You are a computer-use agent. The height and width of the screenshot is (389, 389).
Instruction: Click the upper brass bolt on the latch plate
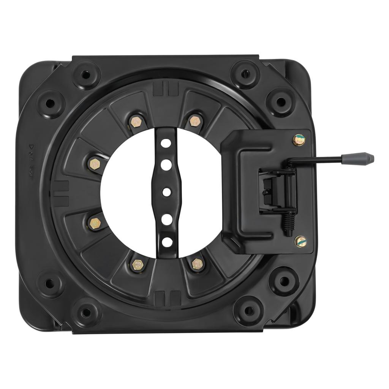point(298,140)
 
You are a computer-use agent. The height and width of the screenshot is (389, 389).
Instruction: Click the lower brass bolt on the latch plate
point(300,240)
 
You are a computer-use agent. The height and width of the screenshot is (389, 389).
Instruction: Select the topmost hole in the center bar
point(166,144)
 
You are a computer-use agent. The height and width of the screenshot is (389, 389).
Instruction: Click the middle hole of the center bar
point(166,191)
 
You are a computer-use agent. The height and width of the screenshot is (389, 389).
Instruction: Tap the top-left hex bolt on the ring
point(136,122)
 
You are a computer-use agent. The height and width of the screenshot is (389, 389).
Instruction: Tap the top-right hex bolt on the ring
point(194,121)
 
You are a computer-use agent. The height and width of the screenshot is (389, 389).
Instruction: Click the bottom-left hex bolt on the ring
point(136,264)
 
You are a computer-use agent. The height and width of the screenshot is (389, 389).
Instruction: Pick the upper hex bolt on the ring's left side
point(94,164)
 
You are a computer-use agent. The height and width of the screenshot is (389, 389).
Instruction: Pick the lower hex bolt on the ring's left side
point(94,221)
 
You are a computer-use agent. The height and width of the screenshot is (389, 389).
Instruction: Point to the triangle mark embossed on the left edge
point(32,147)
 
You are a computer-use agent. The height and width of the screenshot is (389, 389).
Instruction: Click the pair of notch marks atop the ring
point(165,90)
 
